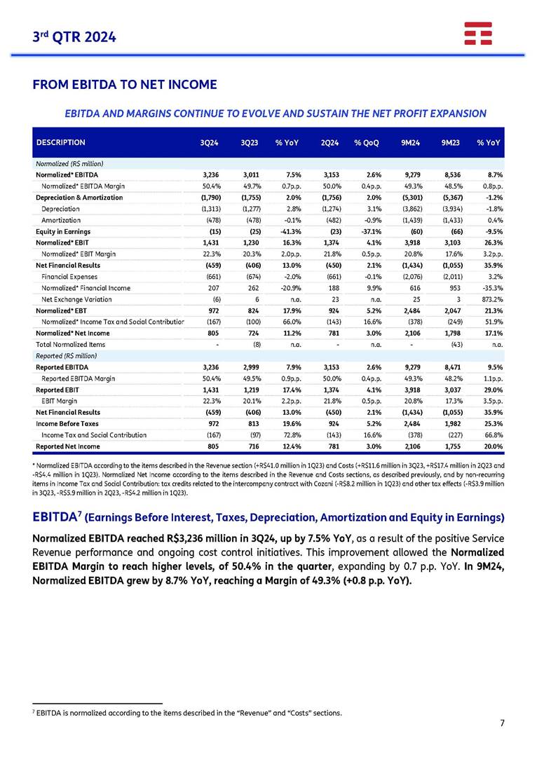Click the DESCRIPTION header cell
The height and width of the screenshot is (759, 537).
coord(62,142)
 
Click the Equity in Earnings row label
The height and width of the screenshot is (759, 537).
coord(63,231)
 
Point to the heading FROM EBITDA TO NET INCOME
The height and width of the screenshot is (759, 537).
coord(124,85)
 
